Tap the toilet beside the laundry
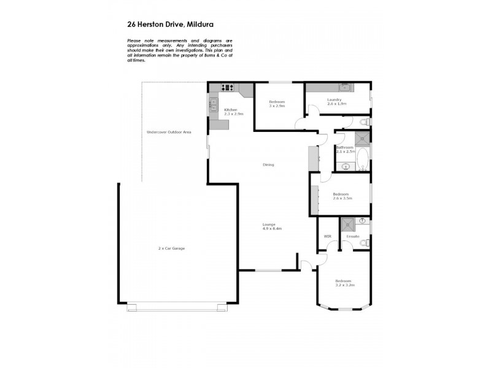[363, 122]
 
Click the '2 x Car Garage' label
[171, 248]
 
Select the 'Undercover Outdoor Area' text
[168, 132]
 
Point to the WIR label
[327, 236]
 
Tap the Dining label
[268, 164]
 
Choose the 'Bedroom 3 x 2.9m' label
[277, 104]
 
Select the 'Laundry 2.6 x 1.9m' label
[336, 101]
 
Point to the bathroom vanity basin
[346, 166]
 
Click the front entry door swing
[305, 264]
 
